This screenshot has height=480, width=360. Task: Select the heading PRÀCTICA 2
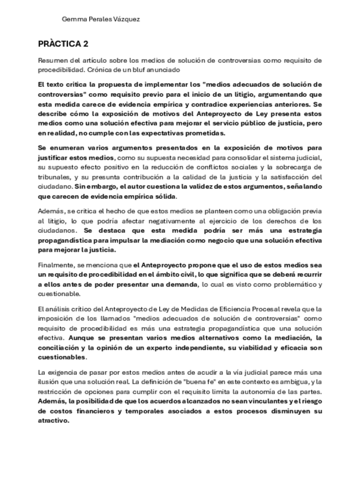point(63,43)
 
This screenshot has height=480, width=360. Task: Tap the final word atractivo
point(53,421)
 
